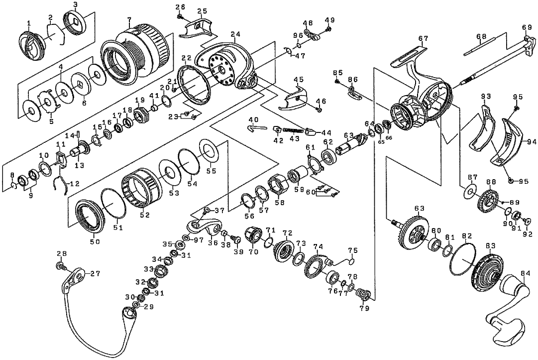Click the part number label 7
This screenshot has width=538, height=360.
click(129, 21)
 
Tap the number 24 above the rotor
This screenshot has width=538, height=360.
click(235, 34)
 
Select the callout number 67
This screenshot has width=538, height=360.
click(424, 38)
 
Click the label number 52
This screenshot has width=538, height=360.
click(145, 215)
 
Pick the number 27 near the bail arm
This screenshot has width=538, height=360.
click(95, 273)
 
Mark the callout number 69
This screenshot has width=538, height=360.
click(527, 27)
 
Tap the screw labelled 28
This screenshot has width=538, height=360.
click(62, 266)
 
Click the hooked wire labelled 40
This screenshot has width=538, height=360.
click(256, 128)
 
